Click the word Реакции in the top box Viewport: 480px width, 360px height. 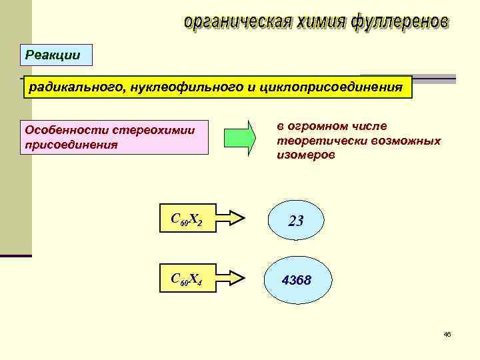(x=53, y=55)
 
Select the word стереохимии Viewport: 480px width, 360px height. (x=154, y=129)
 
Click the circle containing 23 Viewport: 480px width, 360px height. (x=296, y=221)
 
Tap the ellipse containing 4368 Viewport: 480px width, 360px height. (x=297, y=281)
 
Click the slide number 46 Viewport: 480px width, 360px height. (x=447, y=334)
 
